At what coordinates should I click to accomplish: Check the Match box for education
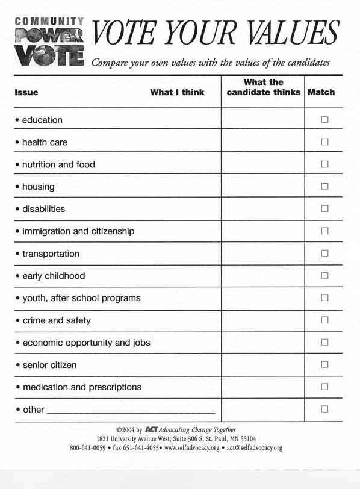click(324, 120)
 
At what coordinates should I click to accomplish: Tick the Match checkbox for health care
click(324, 142)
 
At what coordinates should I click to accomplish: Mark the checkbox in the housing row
click(324, 187)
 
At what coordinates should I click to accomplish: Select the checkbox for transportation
click(324, 254)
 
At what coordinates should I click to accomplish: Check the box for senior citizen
click(324, 365)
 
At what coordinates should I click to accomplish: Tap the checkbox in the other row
click(324, 410)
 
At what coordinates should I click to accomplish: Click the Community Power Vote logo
click(49, 42)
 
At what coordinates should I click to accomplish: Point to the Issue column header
click(26, 93)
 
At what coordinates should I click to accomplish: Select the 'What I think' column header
click(177, 93)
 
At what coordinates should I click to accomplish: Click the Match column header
click(321, 93)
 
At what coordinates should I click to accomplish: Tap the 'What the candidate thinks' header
click(263, 87)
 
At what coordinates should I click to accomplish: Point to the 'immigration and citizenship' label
click(78, 231)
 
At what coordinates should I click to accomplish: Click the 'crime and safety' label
click(57, 320)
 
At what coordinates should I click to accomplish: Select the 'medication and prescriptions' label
click(82, 387)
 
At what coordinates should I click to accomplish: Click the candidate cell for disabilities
click(262, 209)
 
